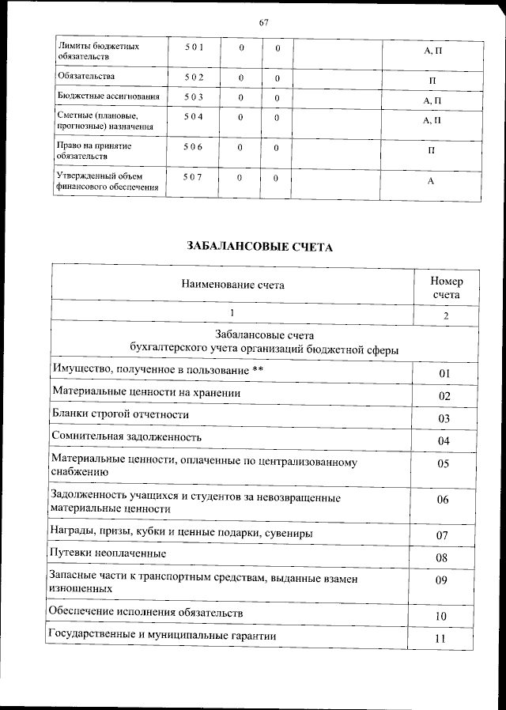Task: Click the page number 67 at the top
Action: point(264,22)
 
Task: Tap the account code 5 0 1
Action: point(194,47)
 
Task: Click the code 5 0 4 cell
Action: point(194,117)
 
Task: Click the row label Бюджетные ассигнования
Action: point(109,96)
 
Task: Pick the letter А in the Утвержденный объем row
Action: point(432,182)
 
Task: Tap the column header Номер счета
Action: point(446,288)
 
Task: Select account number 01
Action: point(444,373)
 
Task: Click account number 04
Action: point(444,440)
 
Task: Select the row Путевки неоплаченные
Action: point(108,552)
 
